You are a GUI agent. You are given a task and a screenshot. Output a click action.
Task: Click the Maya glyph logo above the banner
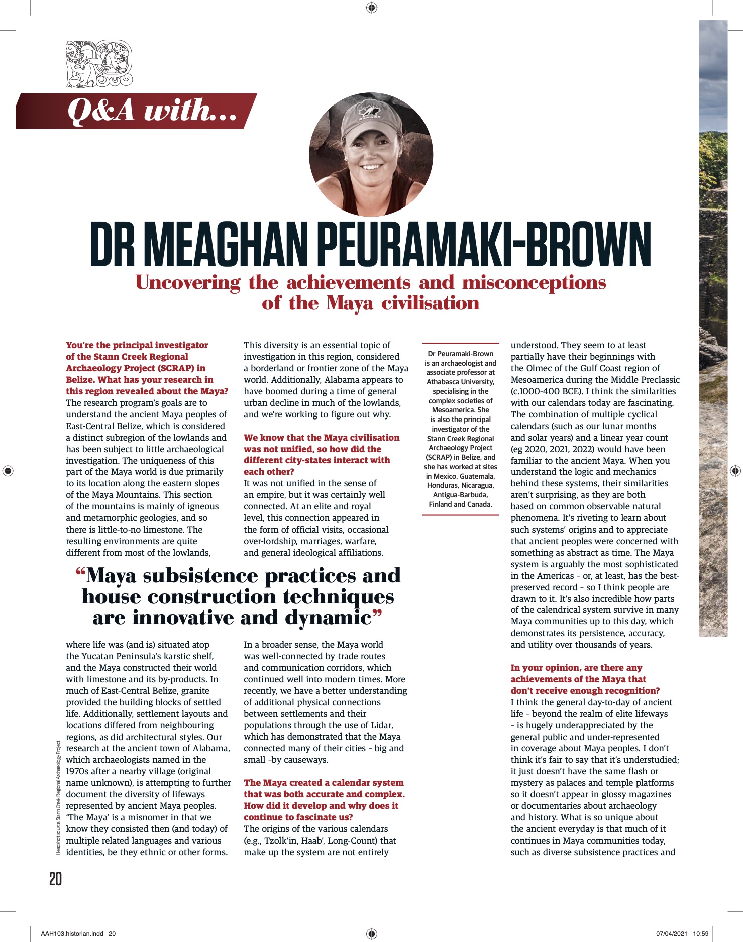click(99, 64)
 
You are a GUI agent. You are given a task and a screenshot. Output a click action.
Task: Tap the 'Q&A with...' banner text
click(152, 111)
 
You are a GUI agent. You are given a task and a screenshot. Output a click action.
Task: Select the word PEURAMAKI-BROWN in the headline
click(484, 244)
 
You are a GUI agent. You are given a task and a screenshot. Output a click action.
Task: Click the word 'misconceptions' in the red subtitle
click(534, 283)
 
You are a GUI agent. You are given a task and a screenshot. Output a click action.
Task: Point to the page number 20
click(55, 879)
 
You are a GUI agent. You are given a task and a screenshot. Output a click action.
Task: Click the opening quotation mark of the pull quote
click(80, 572)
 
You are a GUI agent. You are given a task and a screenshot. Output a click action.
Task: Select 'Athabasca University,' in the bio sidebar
click(460, 382)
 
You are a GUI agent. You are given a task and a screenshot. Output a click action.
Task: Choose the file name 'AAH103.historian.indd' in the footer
click(72, 934)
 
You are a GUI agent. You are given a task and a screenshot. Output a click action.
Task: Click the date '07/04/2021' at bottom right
click(671, 934)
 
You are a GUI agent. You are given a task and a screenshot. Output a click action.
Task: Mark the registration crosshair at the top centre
click(372, 7)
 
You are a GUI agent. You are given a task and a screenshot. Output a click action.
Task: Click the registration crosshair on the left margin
click(8, 471)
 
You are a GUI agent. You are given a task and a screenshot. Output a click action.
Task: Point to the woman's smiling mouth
click(372, 166)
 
